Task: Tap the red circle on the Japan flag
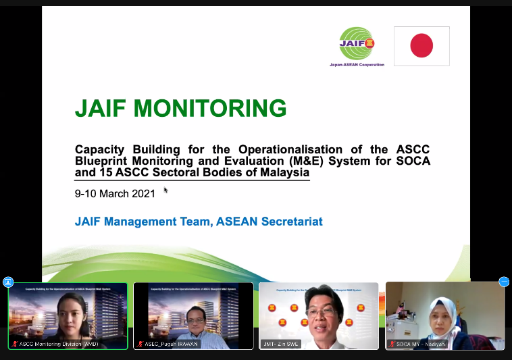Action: pyautogui.click(x=421, y=46)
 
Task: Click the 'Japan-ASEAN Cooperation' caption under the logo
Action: pyautogui.click(x=356, y=65)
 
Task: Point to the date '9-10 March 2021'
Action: pyautogui.click(x=115, y=193)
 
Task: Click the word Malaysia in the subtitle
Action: pyautogui.click(x=279, y=173)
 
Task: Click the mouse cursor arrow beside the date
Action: pyautogui.click(x=165, y=190)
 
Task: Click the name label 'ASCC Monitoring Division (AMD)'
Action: pyautogui.click(x=59, y=344)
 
